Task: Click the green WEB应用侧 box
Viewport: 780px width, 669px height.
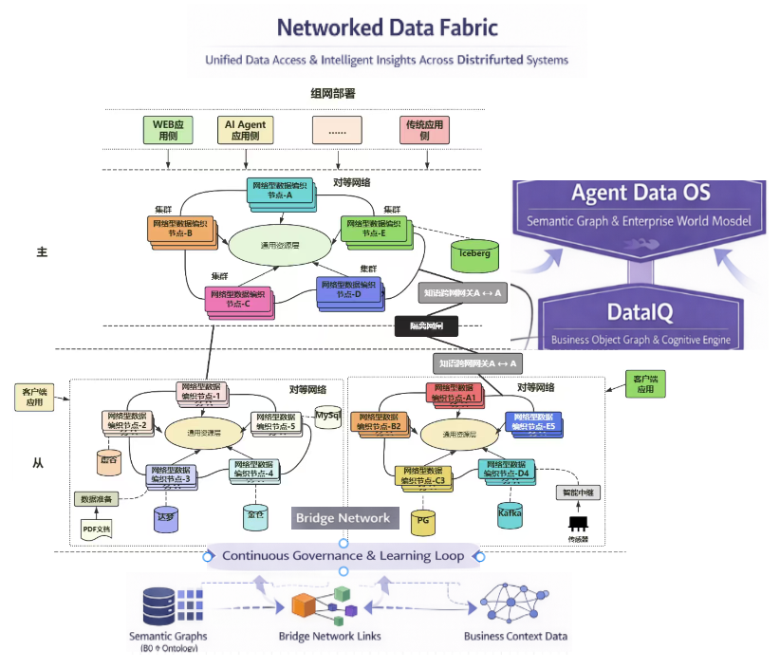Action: pos(167,130)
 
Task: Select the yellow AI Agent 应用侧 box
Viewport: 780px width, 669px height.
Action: pos(245,130)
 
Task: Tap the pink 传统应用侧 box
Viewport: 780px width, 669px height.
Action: pos(424,130)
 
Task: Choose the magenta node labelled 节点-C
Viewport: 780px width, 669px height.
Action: pos(238,299)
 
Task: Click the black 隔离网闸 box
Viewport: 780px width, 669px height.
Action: pos(426,327)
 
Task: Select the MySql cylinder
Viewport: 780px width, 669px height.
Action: pos(328,418)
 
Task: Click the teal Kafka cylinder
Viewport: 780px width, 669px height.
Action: pos(511,514)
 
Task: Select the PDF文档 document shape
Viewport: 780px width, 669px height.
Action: pos(96,528)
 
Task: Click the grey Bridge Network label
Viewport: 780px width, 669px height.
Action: pos(343,517)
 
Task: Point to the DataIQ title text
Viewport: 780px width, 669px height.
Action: pos(641,312)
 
